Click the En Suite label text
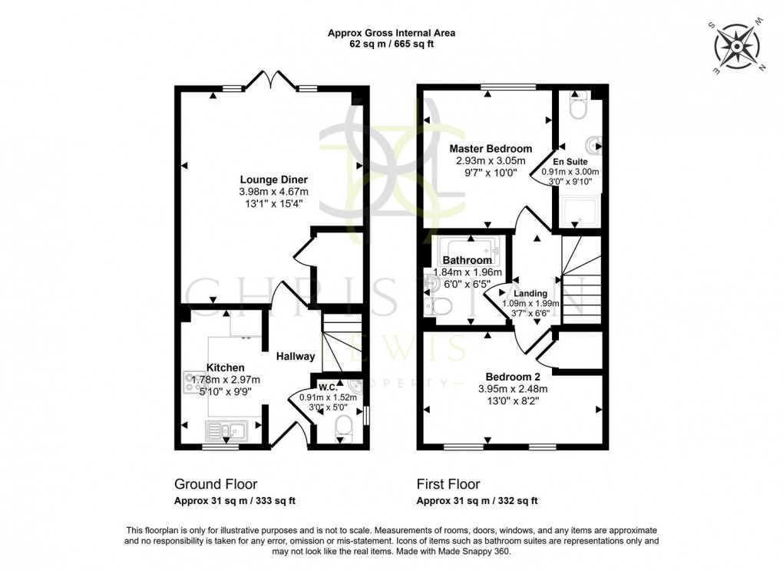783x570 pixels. pyautogui.click(x=581, y=161)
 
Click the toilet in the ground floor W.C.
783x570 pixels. pyautogui.click(x=343, y=430)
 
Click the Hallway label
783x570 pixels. pyautogui.click(x=296, y=356)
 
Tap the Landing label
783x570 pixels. pyautogui.click(x=530, y=293)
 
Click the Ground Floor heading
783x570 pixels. pyautogui.click(x=216, y=484)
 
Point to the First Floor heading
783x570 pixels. pyautogui.click(x=448, y=484)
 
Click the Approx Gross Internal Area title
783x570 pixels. pyautogui.click(x=391, y=33)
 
